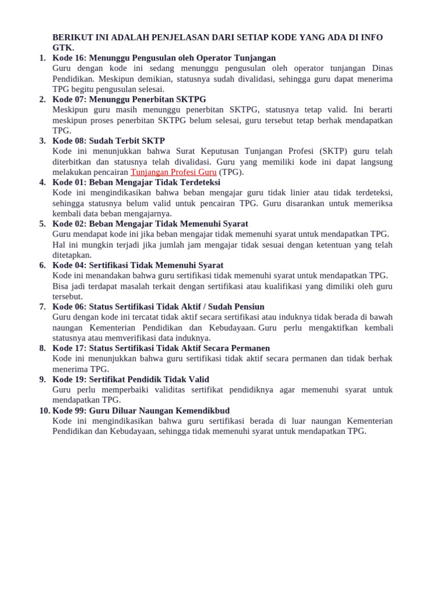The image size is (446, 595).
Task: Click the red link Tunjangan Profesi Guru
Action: pyautogui.click(x=174, y=172)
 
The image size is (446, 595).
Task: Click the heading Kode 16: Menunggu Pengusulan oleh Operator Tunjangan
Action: pyautogui.click(x=164, y=58)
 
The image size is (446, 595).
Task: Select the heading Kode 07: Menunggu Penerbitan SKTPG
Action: pyautogui.click(x=129, y=99)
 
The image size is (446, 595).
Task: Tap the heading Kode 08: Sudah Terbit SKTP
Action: pyautogui.click(x=109, y=141)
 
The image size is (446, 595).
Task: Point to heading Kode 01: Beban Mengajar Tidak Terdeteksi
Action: pyautogui.click(x=136, y=182)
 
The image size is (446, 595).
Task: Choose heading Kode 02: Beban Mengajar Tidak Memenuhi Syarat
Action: pyautogui.click(x=150, y=224)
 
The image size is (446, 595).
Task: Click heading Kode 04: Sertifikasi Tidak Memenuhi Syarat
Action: pyautogui.click(x=138, y=265)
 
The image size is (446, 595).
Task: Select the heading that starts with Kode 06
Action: pyautogui.click(x=158, y=307)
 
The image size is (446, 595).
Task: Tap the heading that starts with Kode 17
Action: pyautogui.click(x=161, y=348)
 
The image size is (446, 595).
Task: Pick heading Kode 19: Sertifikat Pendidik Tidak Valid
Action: pyautogui.click(x=131, y=379)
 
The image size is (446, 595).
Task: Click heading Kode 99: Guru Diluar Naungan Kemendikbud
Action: pyautogui.click(x=141, y=410)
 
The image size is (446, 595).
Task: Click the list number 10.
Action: pyautogui.click(x=45, y=410)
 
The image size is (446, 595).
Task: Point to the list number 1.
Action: pyautogui.click(x=42, y=58)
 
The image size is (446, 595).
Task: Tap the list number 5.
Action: pyautogui.click(x=42, y=224)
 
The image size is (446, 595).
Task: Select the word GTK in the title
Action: pyautogui.click(x=63, y=48)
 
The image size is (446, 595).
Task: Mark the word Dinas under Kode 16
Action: pyautogui.click(x=382, y=69)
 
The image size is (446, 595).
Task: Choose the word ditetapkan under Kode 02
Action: pyautogui.click(x=71, y=255)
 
